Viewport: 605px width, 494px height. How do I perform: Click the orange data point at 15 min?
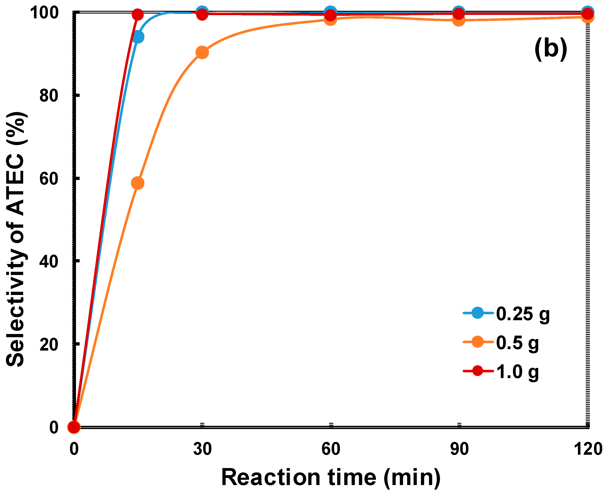click(138, 183)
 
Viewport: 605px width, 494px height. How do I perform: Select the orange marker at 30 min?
click(202, 52)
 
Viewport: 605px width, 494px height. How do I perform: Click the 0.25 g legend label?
click(523, 314)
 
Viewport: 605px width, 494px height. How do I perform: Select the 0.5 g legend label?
click(517, 343)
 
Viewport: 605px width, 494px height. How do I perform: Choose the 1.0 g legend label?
click(517, 372)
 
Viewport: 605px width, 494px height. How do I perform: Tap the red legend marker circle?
click(478, 371)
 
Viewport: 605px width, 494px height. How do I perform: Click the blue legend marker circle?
click(478, 313)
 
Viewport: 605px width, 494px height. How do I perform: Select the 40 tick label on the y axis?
click(49, 261)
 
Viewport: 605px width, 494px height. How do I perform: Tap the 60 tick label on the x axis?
click(331, 449)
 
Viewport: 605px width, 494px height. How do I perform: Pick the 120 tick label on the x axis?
click(588, 449)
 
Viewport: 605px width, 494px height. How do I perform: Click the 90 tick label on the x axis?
click(459, 449)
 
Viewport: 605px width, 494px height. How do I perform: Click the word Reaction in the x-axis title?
click(271, 477)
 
